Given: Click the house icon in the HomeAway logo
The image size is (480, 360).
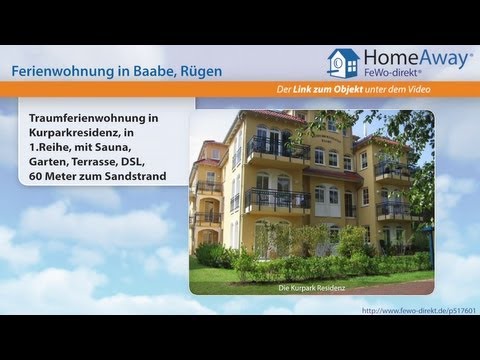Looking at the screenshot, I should [x=343, y=63].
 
